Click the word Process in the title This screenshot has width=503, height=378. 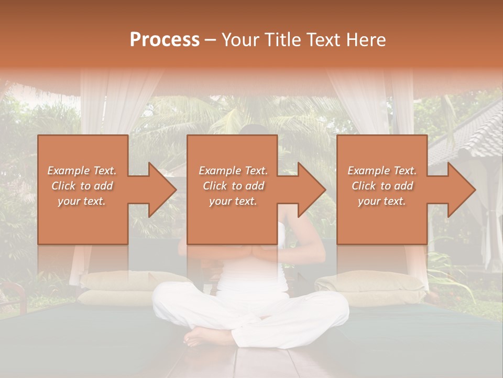(x=165, y=40)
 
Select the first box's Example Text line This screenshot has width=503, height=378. (x=82, y=171)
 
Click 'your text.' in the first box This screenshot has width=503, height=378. (x=82, y=201)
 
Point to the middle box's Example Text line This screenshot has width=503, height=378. (x=233, y=171)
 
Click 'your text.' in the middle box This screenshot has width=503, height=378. (x=233, y=201)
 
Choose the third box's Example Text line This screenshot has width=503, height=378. (x=382, y=171)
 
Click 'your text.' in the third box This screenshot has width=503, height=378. (x=382, y=201)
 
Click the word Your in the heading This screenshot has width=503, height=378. (x=239, y=40)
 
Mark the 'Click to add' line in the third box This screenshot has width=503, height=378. (x=382, y=186)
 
